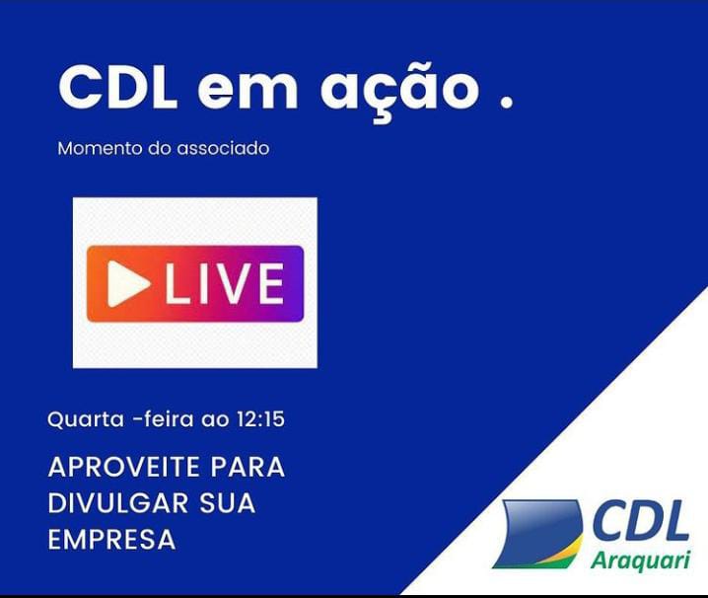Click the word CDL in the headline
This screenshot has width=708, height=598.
click(x=117, y=88)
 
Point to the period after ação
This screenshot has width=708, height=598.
click(x=507, y=103)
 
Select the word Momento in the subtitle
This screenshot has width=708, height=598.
click(x=101, y=148)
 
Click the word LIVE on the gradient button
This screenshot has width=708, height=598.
click(x=225, y=283)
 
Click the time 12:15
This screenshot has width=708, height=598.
click(x=260, y=419)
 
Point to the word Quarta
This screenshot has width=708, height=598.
click(x=86, y=419)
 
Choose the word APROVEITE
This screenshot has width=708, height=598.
click(x=123, y=467)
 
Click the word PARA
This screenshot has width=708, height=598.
click(x=248, y=467)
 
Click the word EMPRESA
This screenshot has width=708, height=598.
click(x=111, y=539)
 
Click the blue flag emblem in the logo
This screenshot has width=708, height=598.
click(x=537, y=533)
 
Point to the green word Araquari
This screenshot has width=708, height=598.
click(x=640, y=561)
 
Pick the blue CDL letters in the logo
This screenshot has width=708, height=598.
click(x=640, y=521)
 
